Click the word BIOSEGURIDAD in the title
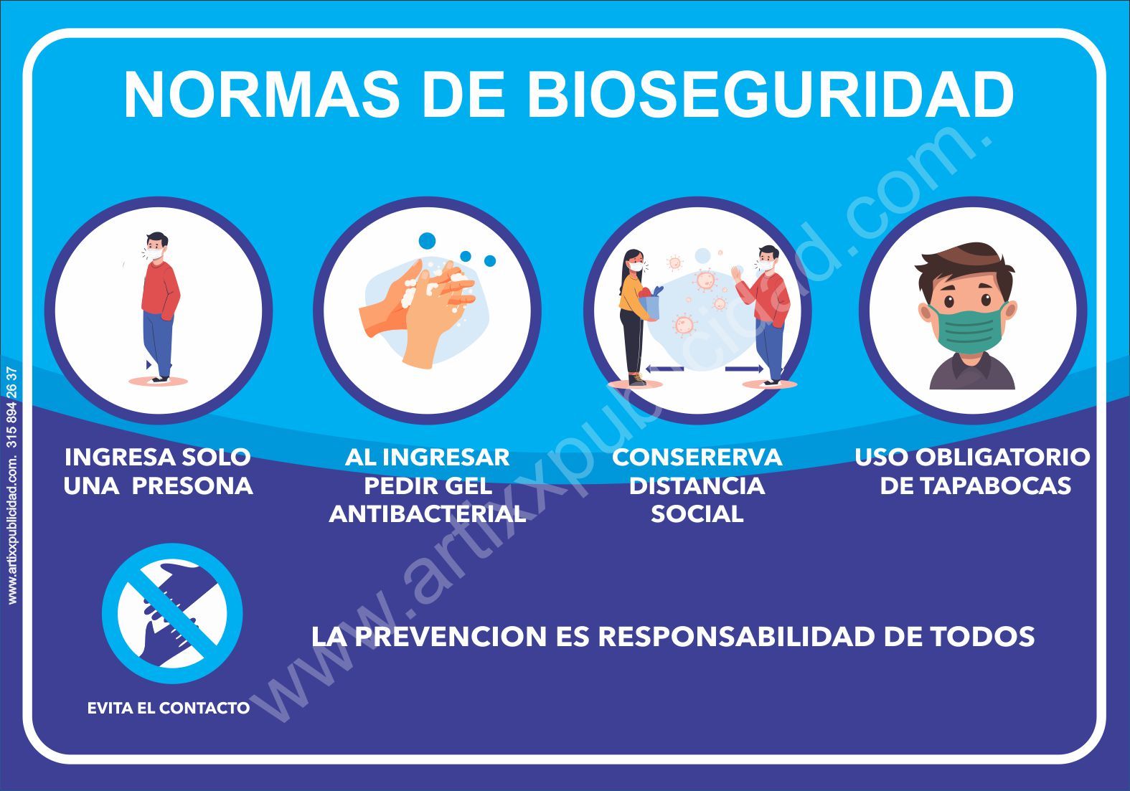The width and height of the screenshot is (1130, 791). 771,95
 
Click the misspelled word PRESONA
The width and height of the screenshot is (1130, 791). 193,486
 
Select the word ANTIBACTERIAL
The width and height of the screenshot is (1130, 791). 428,514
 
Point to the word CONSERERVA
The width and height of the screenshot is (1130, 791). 697,458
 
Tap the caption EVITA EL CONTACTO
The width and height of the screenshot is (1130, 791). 169,709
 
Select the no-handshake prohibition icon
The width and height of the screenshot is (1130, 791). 172,614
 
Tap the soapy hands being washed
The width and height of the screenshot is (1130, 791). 418,313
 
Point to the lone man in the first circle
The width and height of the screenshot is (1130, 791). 159,306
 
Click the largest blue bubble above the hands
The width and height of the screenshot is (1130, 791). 427,241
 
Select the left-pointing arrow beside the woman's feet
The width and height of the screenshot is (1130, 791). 664,369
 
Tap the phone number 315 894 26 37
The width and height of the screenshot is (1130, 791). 12,407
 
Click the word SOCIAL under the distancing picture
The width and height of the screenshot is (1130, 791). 697,514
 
